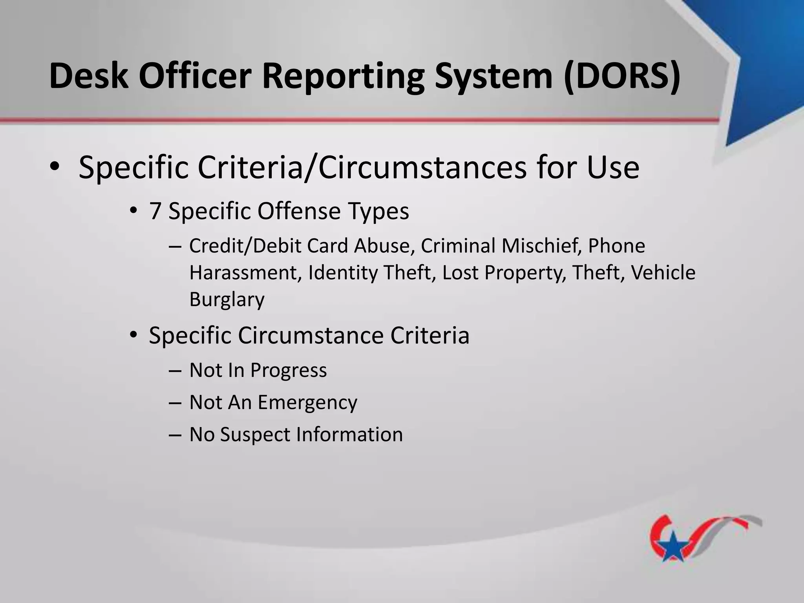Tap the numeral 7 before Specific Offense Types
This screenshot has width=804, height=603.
pos(155,211)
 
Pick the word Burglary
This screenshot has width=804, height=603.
pos(227,300)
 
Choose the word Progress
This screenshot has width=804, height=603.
pos(288,370)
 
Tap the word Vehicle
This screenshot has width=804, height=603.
pos(663,273)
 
